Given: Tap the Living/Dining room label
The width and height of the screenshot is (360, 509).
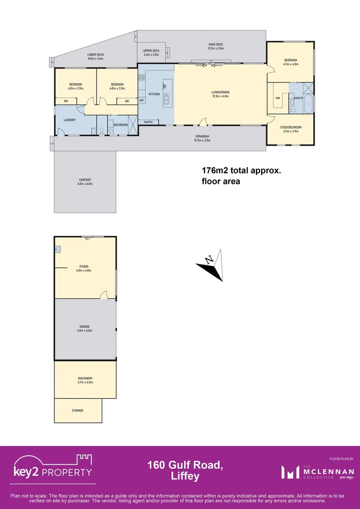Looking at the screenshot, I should tap(220, 94).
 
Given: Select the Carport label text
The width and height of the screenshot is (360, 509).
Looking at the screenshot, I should tap(85, 181).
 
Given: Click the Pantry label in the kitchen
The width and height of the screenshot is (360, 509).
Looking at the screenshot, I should tap(148, 122).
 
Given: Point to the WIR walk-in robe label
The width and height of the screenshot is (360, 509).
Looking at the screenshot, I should tap(278, 98).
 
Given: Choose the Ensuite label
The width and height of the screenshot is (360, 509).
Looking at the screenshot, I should tap(298, 98).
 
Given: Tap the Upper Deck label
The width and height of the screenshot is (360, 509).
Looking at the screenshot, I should tap(151, 52).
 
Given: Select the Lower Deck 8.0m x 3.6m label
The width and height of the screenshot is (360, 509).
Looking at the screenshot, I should tap(96, 57).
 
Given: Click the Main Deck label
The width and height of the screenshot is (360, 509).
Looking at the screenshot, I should tap(215, 46).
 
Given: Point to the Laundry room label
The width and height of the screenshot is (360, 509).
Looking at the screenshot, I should tap(69, 120).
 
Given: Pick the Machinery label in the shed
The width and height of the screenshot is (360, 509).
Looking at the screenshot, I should tap(85, 380).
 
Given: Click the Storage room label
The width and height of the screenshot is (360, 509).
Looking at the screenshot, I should tap(78, 410).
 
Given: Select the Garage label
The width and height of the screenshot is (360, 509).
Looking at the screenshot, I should tap(85, 328).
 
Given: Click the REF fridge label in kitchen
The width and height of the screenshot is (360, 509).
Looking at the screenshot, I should tap(141, 100).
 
